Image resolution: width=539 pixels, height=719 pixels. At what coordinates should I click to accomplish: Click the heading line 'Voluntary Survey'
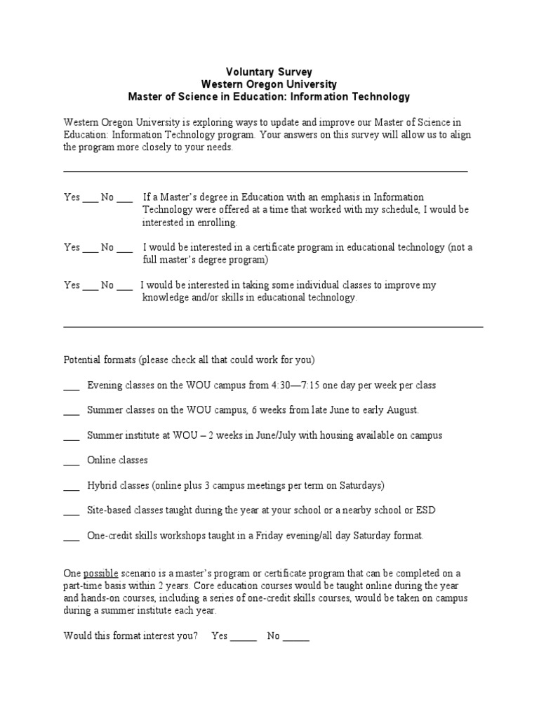coord(269,72)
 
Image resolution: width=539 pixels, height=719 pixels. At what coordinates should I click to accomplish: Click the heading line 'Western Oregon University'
coord(269,84)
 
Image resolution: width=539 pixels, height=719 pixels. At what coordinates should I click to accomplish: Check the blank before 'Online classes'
coord(71,461)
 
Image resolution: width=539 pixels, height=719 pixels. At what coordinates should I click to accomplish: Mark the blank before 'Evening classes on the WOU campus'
coord(71,386)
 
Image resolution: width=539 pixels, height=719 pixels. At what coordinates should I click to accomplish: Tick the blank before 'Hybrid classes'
coord(71,486)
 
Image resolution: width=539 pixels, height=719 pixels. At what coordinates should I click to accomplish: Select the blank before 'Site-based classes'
coord(71,511)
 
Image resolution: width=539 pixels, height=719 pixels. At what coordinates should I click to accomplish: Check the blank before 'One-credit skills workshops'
coord(71,536)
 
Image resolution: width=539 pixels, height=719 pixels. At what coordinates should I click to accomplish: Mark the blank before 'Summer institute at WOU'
coord(71,436)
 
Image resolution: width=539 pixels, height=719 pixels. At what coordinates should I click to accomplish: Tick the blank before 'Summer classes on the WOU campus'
coord(71,411)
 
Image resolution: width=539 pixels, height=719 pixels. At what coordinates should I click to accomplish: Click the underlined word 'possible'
coord(101,573)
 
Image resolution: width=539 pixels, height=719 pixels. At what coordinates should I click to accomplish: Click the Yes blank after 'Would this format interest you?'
coord(244,637)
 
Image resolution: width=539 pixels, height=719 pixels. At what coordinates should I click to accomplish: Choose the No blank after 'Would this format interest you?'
coord(296,637)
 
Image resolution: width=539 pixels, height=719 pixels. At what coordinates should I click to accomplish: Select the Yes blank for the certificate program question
coord(90,249)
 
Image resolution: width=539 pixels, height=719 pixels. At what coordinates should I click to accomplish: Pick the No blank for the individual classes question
coord(124,286)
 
